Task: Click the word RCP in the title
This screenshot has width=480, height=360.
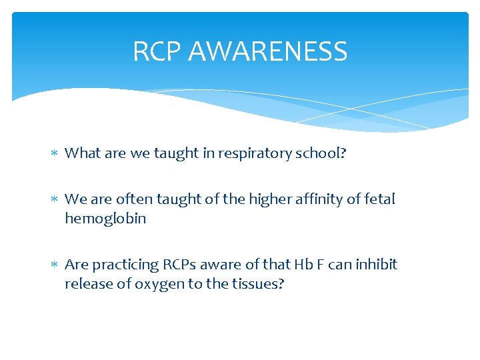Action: [158, 51]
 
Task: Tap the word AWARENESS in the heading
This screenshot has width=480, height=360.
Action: [268, 51]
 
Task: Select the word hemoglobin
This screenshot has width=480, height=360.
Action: [105, 218]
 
